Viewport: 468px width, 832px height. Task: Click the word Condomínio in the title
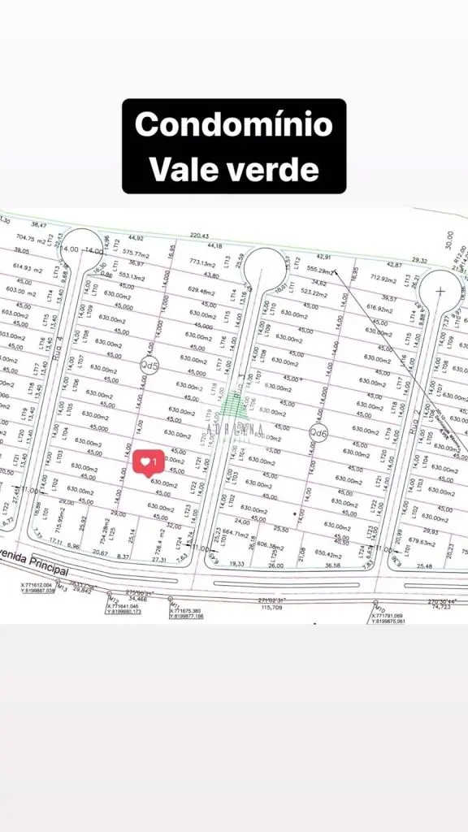pyautogui.click(x=234, y=125)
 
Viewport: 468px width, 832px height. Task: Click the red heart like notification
pyautogui.click(x=149, y=462)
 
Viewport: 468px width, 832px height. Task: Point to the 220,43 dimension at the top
pyautogui.click(x=199, y=236)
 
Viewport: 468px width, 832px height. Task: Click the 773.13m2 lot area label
pyautogui.click(x=203, y=263)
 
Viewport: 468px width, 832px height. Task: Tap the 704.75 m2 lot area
pyautogui.click(x=32, y=240)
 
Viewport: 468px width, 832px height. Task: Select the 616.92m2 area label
pyautogui.click(x=380, y=307)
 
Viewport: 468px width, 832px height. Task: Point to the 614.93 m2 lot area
pyautogui.click(x=28, y=268)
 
